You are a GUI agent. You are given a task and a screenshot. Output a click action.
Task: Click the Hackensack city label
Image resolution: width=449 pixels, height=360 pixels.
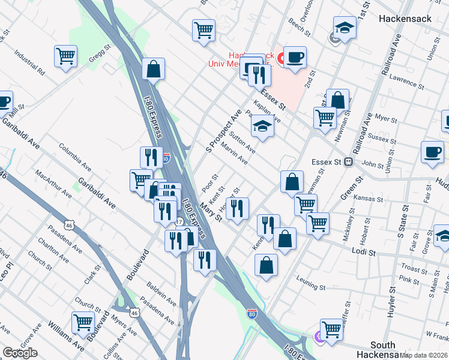pos(405,19)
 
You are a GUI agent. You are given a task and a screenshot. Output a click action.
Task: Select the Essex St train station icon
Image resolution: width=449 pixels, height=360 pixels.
pos(348,162)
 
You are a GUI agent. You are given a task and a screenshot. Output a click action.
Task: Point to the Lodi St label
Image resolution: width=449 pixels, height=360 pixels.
pos(364,253)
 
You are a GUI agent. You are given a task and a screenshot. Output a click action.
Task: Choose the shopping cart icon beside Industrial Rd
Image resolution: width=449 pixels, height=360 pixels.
pos(65,56)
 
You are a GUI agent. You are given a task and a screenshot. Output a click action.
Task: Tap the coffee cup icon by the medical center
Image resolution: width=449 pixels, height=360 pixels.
pos(295,58)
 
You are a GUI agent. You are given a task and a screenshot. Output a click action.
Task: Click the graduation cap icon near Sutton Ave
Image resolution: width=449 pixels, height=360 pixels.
pos(262,127)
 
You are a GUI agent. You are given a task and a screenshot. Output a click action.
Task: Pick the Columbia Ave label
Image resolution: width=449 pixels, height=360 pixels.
pos(74,155)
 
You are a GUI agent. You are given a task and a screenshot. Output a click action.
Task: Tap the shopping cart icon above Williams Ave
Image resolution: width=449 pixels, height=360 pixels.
pos(83,322)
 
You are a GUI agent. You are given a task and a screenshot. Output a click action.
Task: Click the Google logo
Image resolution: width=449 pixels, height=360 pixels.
pos(20,353)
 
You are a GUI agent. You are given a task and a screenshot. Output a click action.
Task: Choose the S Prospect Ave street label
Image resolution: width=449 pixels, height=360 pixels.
pos(223,130)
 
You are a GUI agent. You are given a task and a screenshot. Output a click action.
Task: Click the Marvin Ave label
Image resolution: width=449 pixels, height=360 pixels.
pos(234,153)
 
